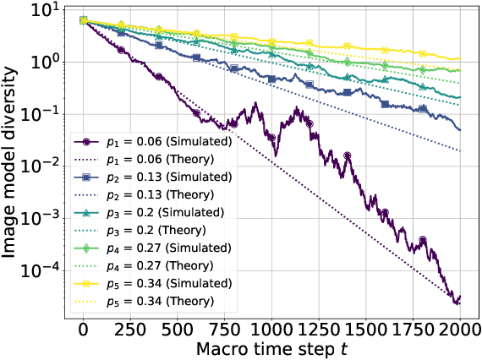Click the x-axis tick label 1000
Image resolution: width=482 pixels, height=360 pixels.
271,329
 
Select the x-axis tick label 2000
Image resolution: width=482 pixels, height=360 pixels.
460,329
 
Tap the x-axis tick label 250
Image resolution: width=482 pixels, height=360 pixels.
130,329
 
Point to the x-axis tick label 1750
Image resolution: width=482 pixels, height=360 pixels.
413,329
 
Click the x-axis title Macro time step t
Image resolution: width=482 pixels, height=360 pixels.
271,348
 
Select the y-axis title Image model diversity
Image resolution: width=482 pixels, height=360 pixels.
12,161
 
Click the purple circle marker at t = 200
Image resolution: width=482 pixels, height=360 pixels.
121,50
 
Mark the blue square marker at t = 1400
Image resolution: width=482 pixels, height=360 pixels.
346,91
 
